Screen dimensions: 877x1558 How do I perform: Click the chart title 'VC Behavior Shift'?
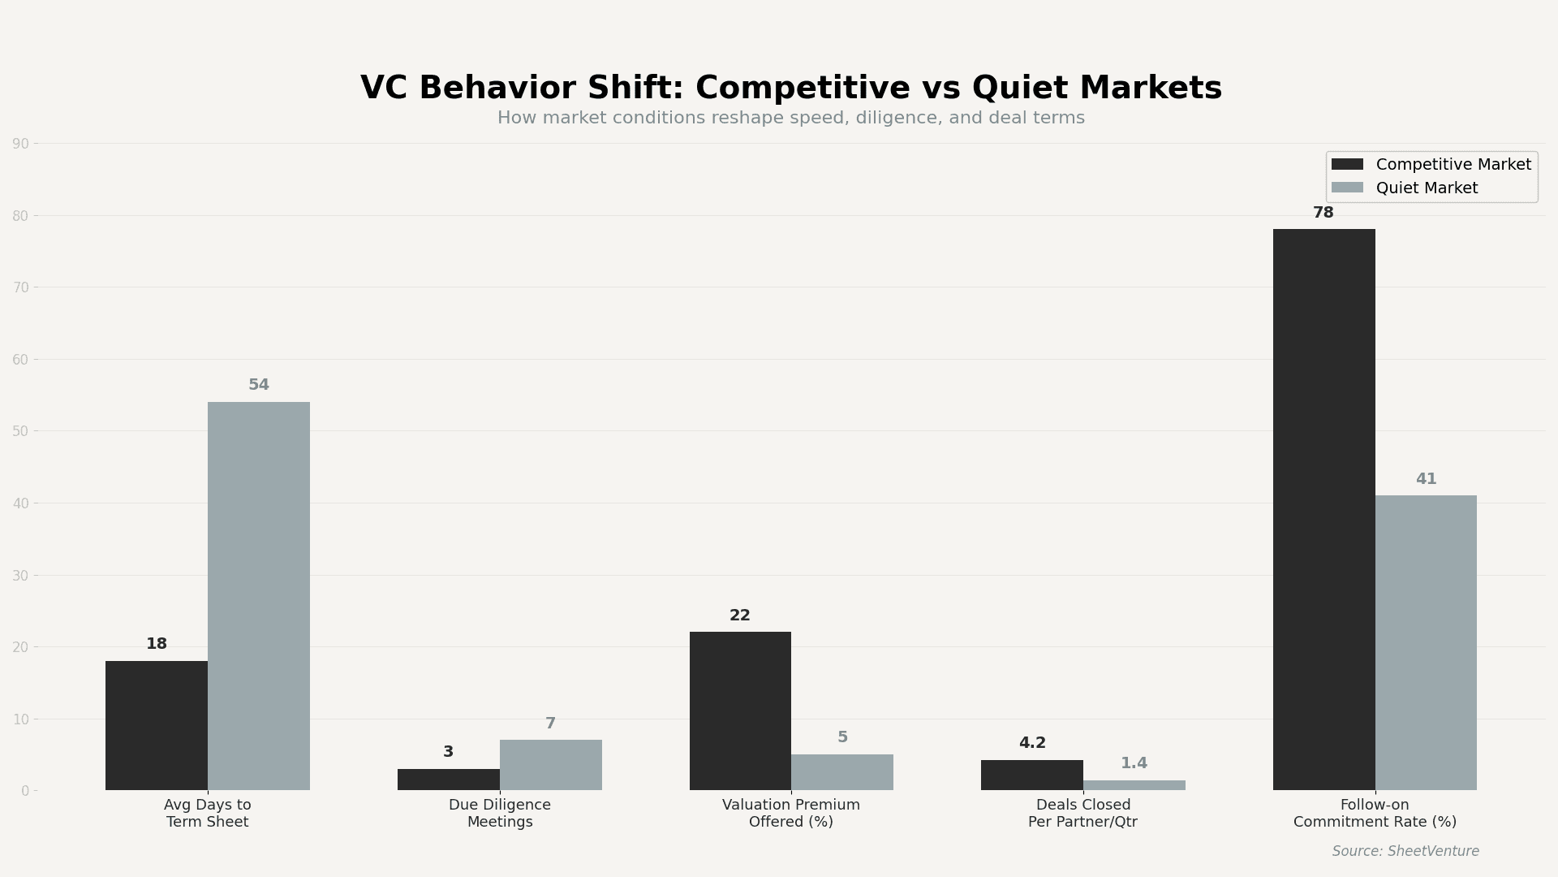(x=790, y=89)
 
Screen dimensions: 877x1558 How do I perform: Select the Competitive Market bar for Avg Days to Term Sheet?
(x=156, y=725)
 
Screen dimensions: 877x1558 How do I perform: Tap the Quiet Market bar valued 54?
(x=258, y=595)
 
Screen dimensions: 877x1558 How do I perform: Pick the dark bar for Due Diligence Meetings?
(x=448, y=780)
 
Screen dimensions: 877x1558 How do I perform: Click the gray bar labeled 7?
(x=550, y=765)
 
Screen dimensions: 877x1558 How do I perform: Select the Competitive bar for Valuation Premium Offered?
(x=740, y=711)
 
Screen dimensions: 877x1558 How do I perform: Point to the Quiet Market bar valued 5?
(x=841, y=772)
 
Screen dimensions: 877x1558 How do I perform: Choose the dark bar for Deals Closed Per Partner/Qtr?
(x=1031, y=775)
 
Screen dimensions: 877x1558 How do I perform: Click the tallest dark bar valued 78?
(x=1323, y=509)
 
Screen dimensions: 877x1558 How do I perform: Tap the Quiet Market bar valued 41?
(x=1426, y=642)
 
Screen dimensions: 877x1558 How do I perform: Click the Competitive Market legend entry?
(x=1432, y=165)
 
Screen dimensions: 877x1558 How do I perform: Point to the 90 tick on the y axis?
(x=20, y=145)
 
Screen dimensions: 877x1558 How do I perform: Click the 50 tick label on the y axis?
(x=20, y=431)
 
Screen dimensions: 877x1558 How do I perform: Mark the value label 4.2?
(x=1032, y=743)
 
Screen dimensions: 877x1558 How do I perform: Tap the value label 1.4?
(x=1134, y=763)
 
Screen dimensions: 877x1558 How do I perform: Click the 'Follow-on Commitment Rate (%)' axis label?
(x=1375, y=814)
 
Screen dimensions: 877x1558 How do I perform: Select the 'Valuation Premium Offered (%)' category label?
(x=790, y=814)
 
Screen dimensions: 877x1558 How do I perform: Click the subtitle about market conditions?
(x=790, y=119)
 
